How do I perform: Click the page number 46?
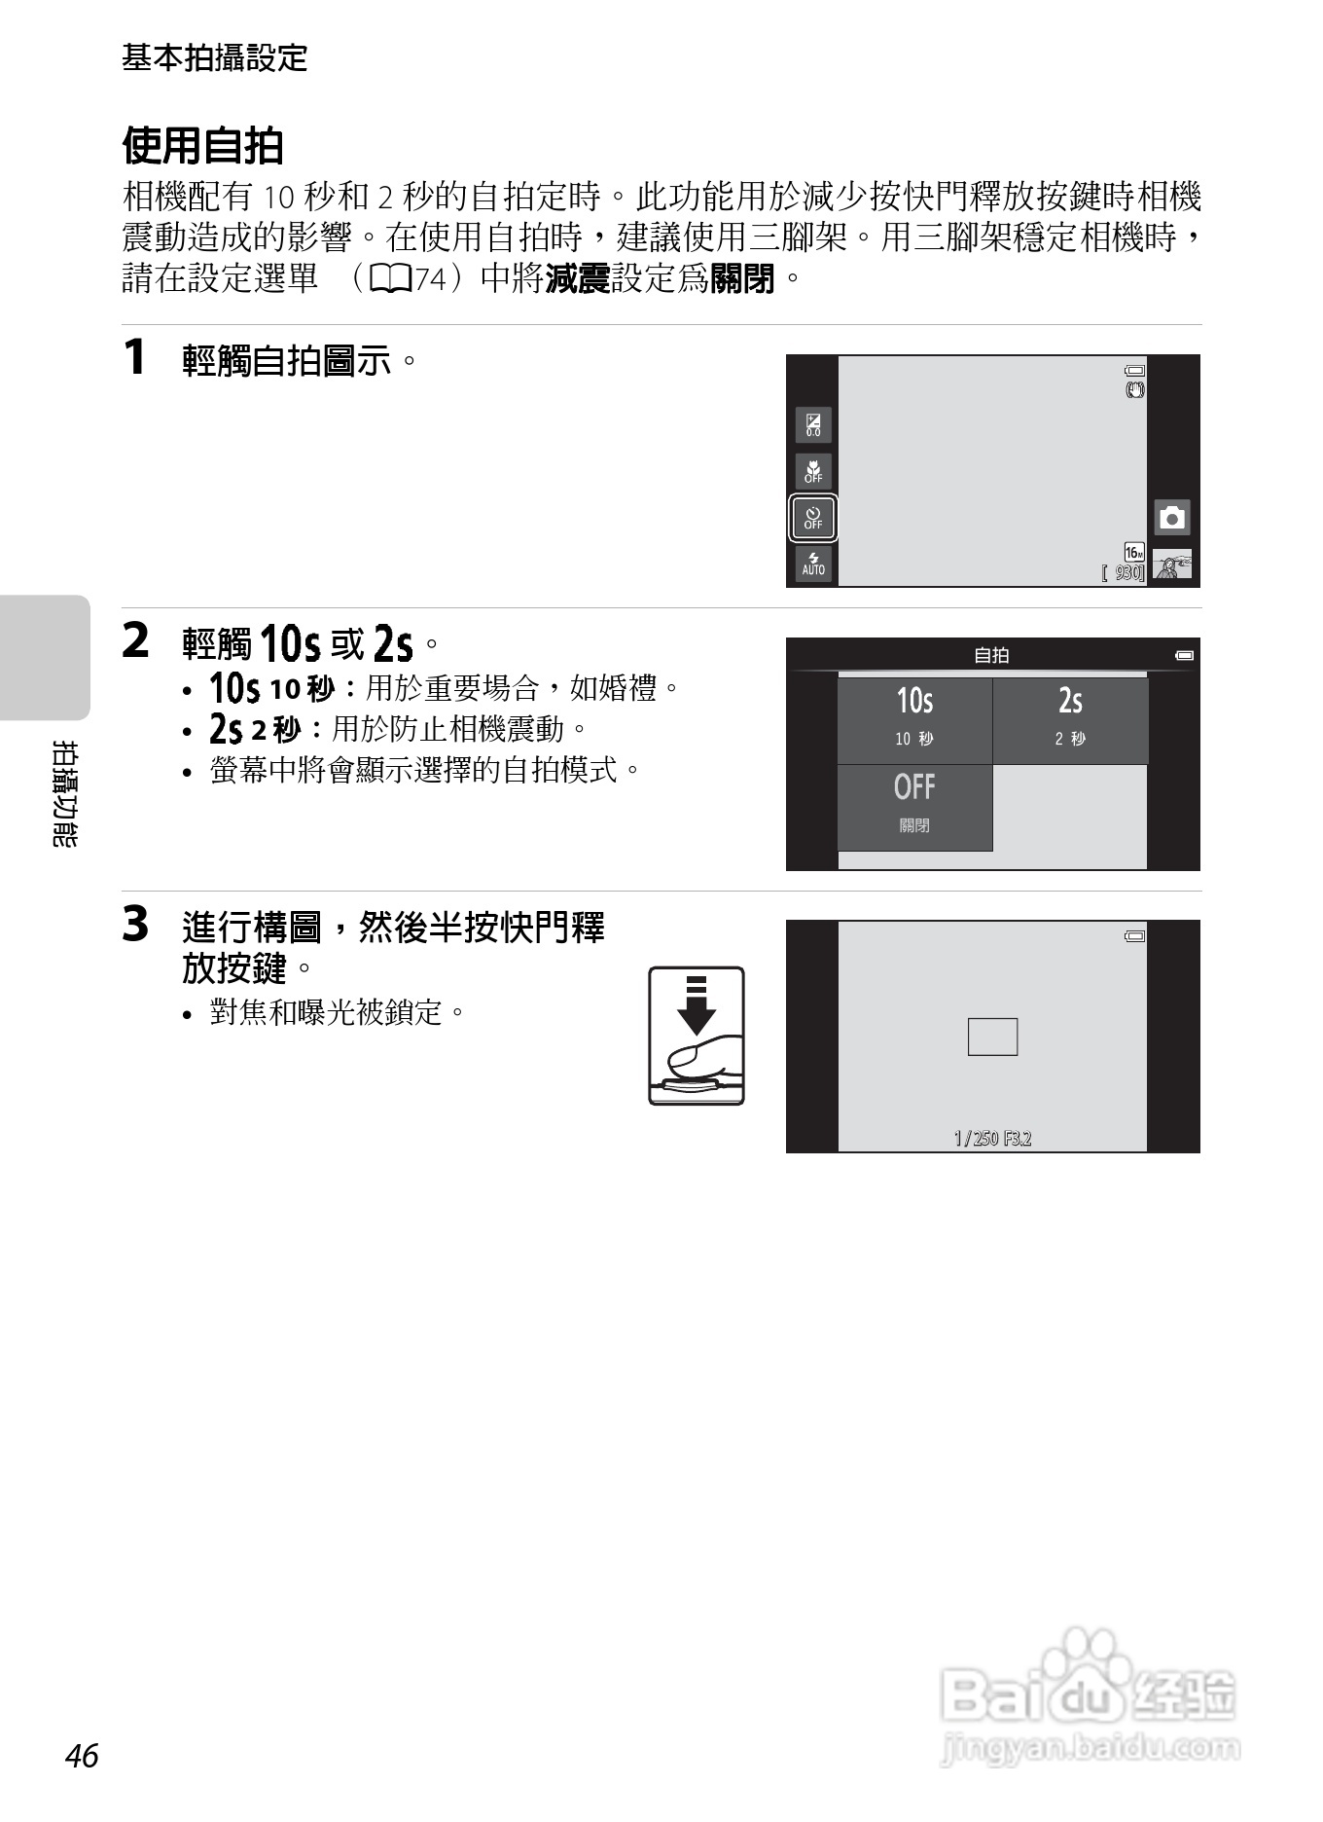82,1756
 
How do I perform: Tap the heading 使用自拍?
202,146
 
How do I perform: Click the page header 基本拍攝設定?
214,58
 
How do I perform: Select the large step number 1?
134,356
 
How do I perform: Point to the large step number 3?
135,924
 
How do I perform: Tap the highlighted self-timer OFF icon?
813,518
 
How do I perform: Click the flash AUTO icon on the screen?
813,565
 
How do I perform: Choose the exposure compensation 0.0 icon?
813,424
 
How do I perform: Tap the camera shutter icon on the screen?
1172,517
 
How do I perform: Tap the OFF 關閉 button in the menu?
914,807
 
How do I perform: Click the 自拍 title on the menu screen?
991,655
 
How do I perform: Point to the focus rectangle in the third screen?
992,1037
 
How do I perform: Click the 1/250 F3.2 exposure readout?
992,1138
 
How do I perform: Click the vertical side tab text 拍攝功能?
65,793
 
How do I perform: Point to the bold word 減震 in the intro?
577,279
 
